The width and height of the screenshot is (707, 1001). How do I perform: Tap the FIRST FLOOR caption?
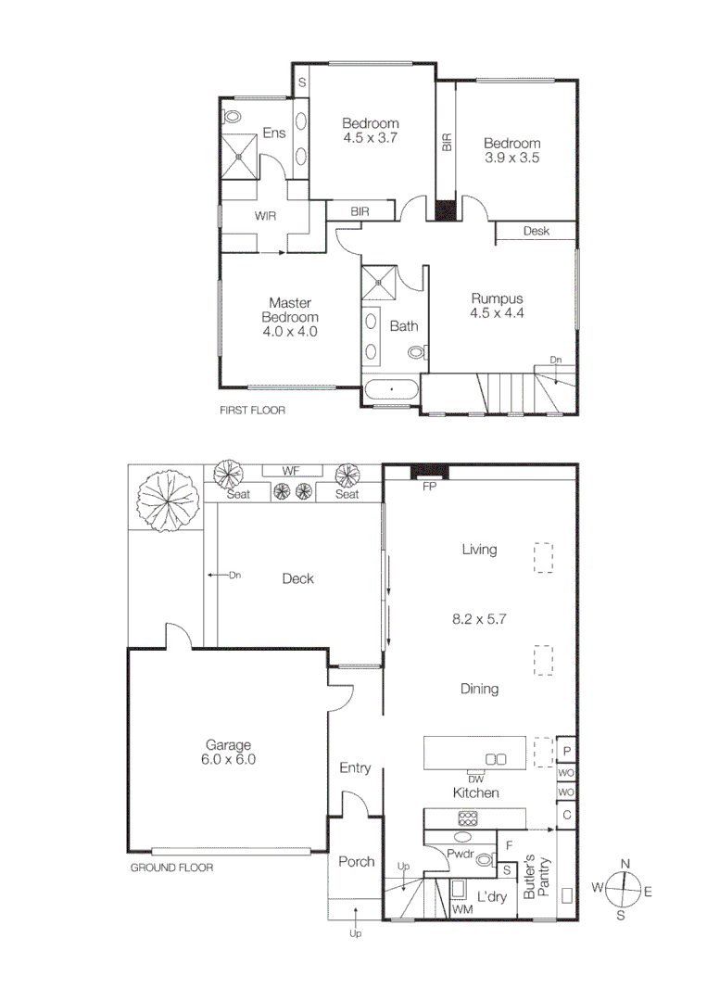252,410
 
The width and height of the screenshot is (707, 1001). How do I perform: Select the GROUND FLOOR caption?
171,868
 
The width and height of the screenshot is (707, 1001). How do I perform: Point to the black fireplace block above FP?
429,472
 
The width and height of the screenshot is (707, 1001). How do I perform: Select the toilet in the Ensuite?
233,118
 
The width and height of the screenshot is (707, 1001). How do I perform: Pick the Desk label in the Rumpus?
537,231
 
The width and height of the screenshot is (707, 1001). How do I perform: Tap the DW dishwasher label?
476,779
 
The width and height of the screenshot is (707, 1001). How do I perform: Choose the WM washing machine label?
462,911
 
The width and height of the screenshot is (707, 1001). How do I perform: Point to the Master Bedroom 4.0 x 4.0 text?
289,317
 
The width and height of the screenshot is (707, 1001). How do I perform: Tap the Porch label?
356,862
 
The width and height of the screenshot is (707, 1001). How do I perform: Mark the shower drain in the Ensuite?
240,156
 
